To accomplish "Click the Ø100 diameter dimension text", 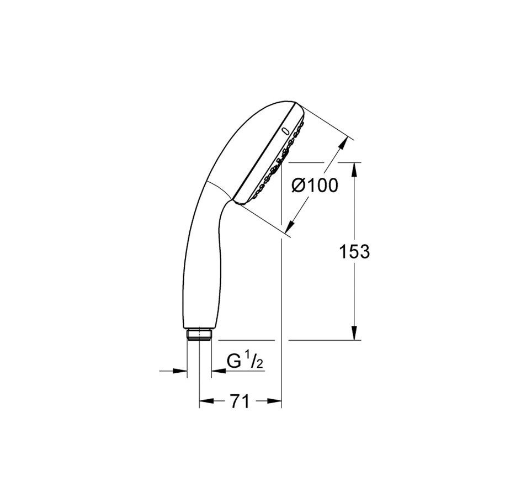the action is tap(315, 186).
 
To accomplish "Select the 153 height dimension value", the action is tap(354, 251).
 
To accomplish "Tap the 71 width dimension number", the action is tap(240, 401).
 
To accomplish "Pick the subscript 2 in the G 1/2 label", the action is tap(260, 364).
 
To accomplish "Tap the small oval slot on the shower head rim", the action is tap(285, 131).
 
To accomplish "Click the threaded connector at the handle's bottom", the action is tap(199, 334).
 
